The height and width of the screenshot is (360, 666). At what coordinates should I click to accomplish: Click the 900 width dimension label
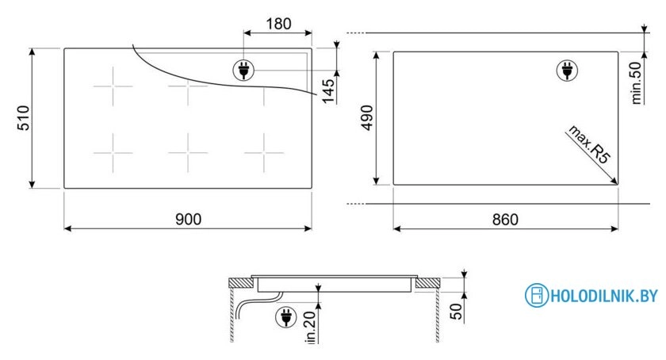(x=188, y=219)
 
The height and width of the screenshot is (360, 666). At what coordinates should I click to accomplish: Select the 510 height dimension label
(x=23, y=117)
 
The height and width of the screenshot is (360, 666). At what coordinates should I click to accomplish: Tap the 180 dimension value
(x=278, y=24)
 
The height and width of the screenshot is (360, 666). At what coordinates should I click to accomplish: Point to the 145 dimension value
(x=328, y=91)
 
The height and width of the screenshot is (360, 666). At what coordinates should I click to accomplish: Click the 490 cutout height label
(x=366, y=117)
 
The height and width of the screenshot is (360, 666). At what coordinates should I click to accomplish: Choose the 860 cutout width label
(x=505, y=220)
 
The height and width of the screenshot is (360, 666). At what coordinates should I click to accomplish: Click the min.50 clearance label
(x=636, y=83)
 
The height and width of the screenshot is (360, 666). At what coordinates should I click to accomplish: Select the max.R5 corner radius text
(x=589, y=144)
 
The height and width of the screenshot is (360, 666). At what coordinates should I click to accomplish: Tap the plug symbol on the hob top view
(x=244, y=70)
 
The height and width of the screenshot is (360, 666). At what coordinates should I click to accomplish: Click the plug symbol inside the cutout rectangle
(x=567, y=70)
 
